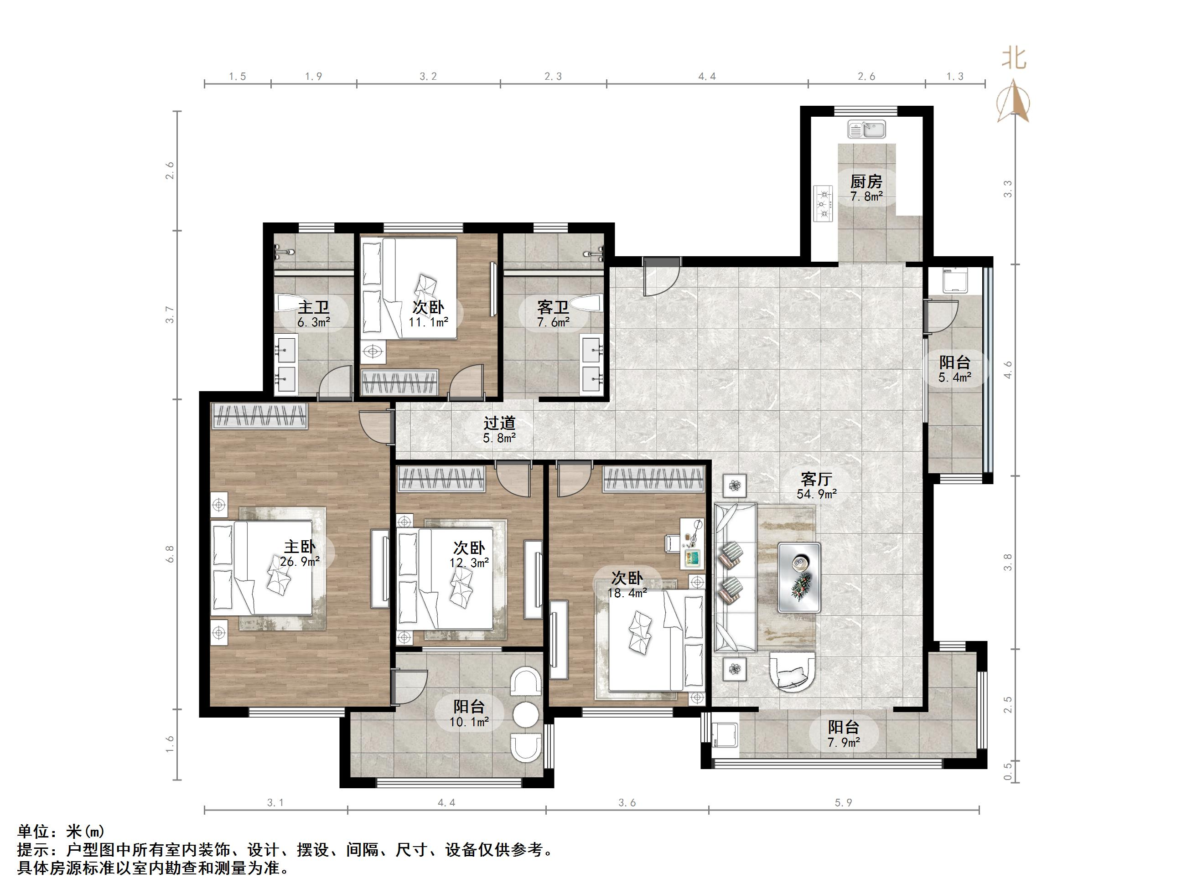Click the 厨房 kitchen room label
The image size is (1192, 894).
click(866, 181)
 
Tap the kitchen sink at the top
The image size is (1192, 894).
click(866, 129)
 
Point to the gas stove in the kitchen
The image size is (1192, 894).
click(824, 204)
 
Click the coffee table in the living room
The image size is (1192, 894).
click(799, 577)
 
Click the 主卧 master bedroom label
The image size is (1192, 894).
click(300, 547)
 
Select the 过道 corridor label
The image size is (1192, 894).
click(499, 424)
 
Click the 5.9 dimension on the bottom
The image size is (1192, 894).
click(843, 803)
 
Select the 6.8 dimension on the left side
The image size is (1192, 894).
click(170, 553)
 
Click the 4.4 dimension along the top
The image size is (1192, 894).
click(707, 77)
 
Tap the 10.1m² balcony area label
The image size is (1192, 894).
click(469, 722)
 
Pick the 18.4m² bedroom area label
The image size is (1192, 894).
click(627, 593)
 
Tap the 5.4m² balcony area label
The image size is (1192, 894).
click(954, 377)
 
